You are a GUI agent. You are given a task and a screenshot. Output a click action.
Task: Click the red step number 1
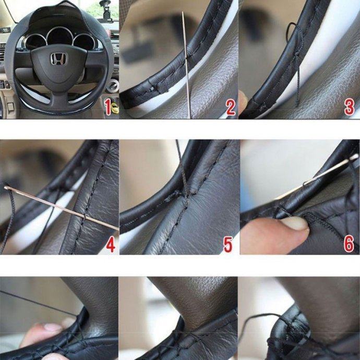pos(107,107)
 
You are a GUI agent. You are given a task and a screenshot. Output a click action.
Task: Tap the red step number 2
pos(230,107)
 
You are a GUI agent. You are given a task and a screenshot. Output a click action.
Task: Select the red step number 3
pos(349,107)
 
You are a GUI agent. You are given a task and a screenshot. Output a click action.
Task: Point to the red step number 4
pos(111,245)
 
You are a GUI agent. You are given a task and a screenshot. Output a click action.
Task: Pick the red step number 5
pos(228,245)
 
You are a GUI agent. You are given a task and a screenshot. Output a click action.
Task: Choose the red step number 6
pos(349,244)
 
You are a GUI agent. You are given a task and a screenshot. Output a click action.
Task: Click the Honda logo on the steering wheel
pos(58,58)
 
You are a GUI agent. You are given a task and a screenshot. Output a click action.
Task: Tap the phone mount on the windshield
pos(106,10)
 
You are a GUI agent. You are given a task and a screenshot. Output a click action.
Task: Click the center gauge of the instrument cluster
pos(59,37)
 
